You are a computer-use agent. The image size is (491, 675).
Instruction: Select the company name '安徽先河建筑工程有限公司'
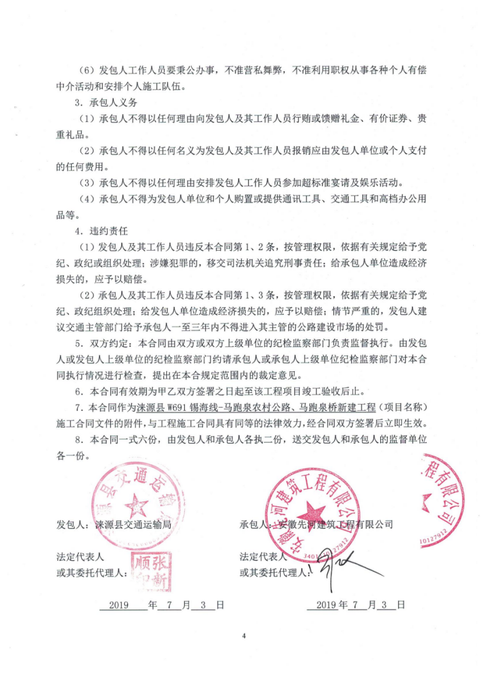335,525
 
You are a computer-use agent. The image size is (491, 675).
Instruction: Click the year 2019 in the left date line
118,604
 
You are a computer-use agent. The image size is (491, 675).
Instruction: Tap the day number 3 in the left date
202,604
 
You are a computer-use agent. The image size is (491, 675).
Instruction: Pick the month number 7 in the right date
356,604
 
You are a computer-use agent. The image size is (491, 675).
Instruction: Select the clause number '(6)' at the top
90,70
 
